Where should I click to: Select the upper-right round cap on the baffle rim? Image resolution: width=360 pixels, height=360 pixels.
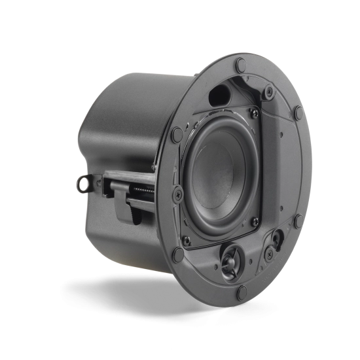pyautogui.click(x=299, y=112)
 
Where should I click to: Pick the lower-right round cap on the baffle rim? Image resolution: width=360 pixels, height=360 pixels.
pyautogui.click(x=299, y=221)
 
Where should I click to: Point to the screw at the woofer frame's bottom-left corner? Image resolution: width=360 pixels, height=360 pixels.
pyautogui.click(x=186, y=239)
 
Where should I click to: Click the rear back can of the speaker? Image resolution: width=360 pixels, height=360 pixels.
pyautogui.click(x=124, y=131)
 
